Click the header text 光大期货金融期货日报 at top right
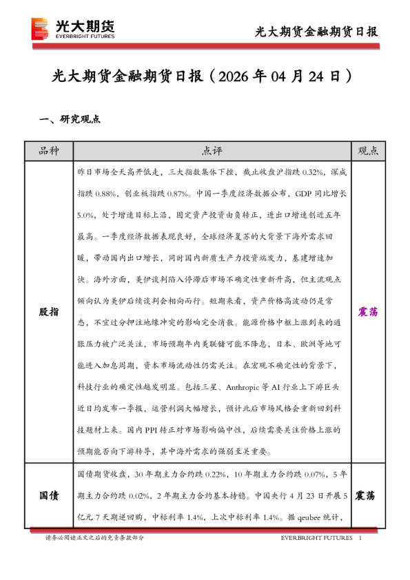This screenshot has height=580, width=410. coord(316,32)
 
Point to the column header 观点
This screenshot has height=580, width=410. coord(371,151)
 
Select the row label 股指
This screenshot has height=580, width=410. coord(48,311)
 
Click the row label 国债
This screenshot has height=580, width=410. coord(48,496)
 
